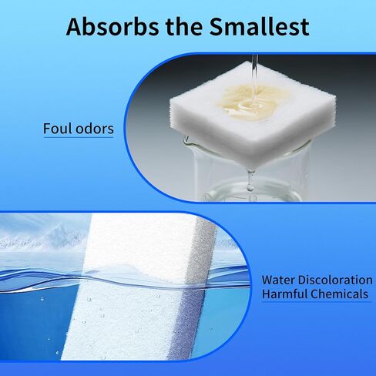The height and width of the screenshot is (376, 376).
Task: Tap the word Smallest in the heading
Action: tap(259, 27)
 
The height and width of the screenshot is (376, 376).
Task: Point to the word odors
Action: tap(95, 129)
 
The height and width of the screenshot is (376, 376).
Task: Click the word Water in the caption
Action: tap(277, 280)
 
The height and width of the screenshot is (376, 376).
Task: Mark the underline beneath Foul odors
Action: tap(79, 137)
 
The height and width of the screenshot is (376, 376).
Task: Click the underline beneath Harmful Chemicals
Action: tap(317, 301)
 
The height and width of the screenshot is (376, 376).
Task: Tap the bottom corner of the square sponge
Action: tap(253, 168)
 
